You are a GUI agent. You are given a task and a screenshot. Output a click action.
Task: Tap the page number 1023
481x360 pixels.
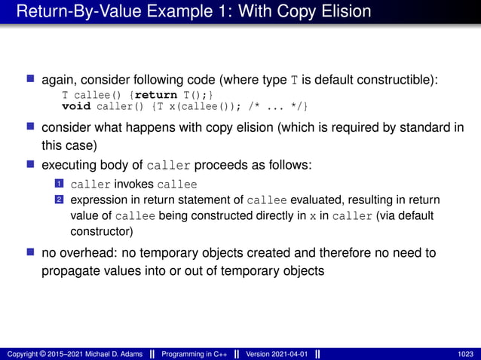pyautogui.click(x=466, y=353)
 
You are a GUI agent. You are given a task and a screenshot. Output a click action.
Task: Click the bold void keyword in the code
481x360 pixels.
pyautogui.click(x=76, y=104)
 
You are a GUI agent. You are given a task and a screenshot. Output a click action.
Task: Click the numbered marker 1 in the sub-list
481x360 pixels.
pyautogui.click(x=58, y=185)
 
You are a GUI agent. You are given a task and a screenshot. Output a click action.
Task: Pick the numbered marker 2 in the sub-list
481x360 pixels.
pyautogui.click(x=58, y=200)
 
